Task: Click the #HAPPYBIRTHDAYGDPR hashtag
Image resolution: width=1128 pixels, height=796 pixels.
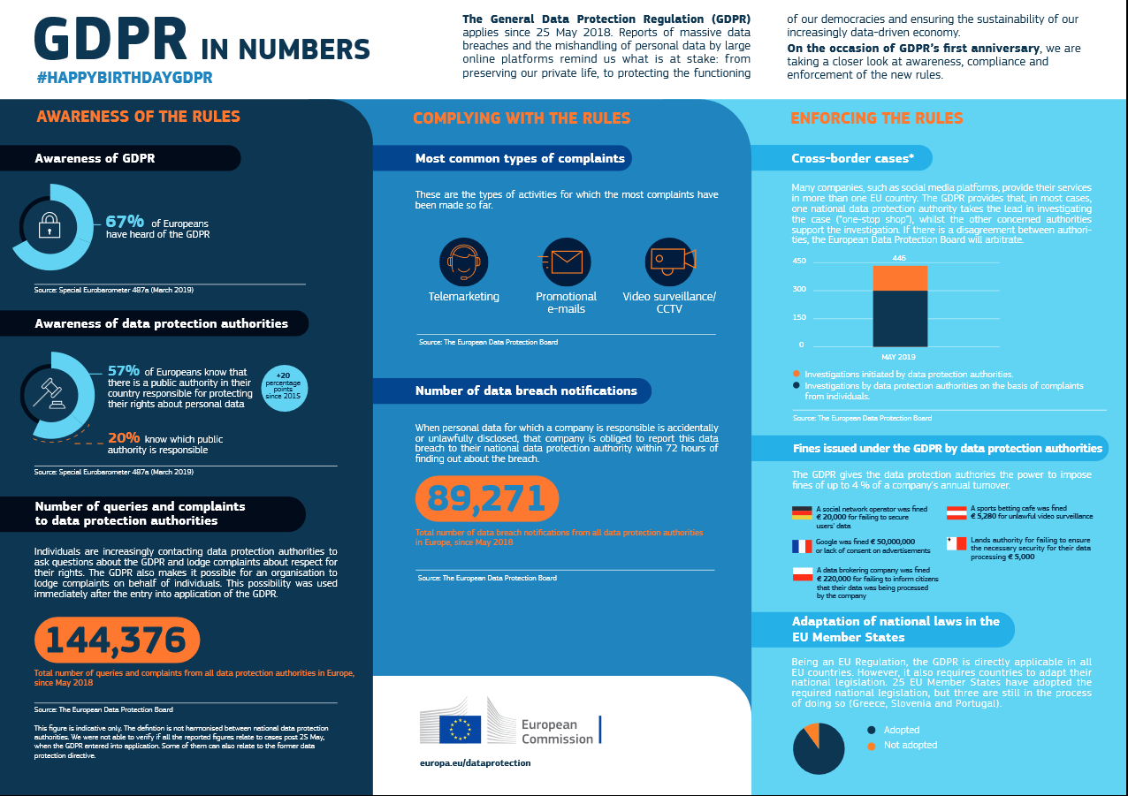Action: coord(125,78)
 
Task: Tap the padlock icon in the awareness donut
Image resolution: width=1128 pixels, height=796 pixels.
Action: coord(50,227)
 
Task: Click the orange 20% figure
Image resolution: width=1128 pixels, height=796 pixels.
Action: coord(123,438)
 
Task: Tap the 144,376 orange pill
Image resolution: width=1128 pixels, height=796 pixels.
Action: coord(116,640)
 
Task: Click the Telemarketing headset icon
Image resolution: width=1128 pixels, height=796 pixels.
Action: coord(463,262)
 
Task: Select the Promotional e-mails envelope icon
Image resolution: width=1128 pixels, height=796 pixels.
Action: coord(566,262)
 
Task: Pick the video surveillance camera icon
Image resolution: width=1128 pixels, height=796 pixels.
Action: coord(669,262)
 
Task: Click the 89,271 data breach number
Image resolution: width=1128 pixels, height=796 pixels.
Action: coord(487,498)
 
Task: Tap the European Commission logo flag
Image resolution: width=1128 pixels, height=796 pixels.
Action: coord(460,729)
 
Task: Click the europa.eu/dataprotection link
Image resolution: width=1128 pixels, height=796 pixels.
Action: coord(476,762)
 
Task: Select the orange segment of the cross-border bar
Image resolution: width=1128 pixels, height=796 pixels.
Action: coord(900,278)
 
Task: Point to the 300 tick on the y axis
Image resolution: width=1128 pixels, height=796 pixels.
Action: coord(798,289)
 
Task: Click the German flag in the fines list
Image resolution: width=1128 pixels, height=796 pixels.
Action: coord(802,512)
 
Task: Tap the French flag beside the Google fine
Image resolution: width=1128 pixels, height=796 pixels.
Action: coord(802,545)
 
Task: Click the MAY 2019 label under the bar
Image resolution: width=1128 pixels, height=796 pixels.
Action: coord(899,357)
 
